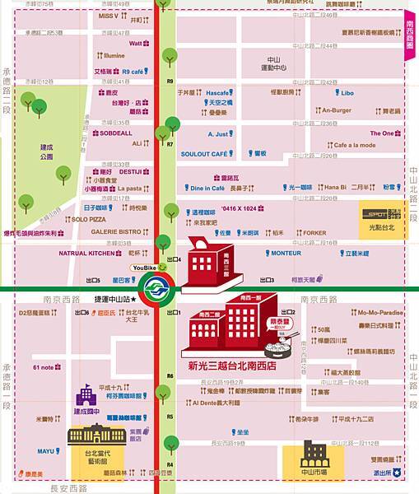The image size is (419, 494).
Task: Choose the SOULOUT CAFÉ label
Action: click(x=203, y=154)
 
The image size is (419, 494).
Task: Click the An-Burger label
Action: click(x=336, y=110)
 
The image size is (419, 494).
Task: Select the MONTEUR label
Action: click(x=286, y=254)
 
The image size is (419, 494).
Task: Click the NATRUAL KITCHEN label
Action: click(x=84, y=254)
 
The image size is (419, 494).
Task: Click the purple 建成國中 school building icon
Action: click(x=85, y=394)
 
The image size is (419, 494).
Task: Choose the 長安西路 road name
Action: click(x=68, y=488)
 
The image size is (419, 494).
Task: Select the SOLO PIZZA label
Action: click(x=89, y=220)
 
